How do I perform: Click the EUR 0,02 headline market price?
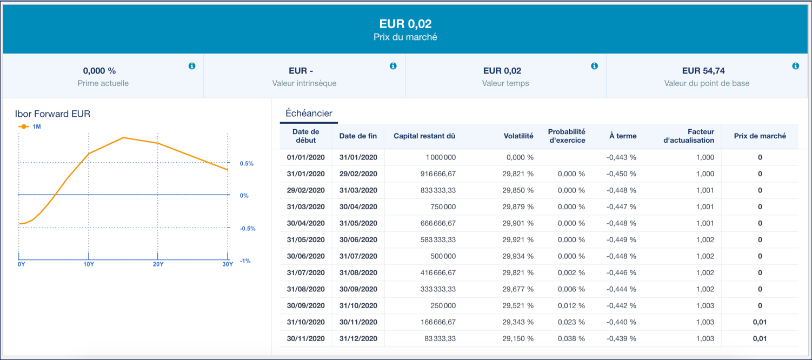point(405,24)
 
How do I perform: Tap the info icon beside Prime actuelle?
point(192,66)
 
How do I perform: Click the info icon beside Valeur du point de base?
point(795,66)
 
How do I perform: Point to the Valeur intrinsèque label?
point(304,83)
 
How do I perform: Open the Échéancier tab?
point(309,114)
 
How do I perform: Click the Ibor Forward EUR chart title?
point(52,114)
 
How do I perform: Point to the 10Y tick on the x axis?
point(89,264)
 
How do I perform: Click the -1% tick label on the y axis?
point(245,261)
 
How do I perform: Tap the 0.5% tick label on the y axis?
point(247,164)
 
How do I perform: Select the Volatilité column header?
point(518,136)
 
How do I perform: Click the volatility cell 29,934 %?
point(517,256)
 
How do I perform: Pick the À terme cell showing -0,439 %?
point(621,339)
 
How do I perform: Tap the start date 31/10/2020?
point(306,322)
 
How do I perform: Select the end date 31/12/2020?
point(358,339)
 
